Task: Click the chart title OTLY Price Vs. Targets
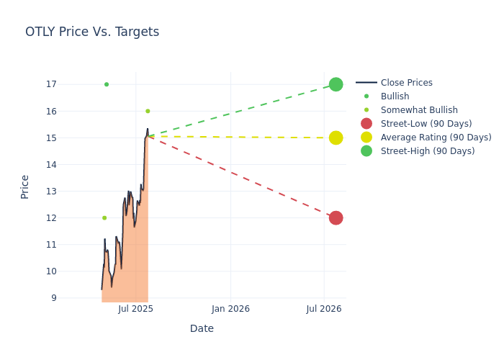click(92, 32)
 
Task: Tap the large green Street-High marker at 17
click(336, 84)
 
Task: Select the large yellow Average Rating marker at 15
click(336, 138)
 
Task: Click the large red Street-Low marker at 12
click(336, 217)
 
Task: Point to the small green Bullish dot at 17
click(107, 84)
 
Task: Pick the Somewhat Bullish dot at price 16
click(148, 111)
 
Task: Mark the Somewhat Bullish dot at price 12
click(104, 217)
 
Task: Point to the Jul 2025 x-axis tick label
click(135, 309)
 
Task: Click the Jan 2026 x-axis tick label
click(230, 309)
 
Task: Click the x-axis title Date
click(202, 328)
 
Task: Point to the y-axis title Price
click(25, 186)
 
